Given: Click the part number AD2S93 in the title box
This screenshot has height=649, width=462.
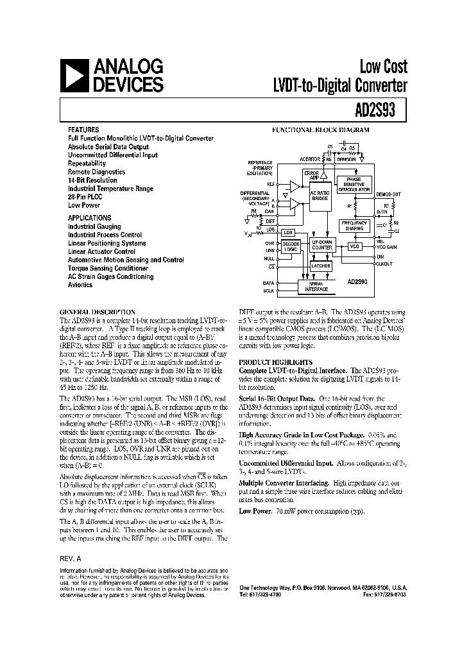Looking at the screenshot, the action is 381,108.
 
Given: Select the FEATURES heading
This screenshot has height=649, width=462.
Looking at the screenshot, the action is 83,129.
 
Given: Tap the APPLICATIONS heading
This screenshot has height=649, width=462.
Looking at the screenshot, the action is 89,218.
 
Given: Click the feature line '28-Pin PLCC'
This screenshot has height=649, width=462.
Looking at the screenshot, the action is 85,197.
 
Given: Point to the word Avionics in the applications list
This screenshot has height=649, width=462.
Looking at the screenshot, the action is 80,285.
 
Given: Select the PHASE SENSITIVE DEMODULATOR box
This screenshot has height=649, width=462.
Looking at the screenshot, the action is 354,185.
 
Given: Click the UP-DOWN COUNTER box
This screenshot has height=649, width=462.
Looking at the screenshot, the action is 321,244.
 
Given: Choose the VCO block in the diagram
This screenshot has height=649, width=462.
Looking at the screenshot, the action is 354,247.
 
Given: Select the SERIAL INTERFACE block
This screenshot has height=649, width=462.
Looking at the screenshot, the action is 316,287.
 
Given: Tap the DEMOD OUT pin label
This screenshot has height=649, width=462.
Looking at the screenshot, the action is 388,194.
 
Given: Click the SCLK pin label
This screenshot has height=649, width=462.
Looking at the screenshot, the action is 269,291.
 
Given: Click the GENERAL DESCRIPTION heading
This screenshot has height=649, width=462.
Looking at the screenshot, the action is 96,310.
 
